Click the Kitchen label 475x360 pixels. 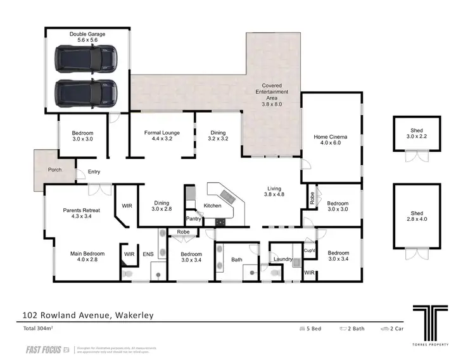(212, 206)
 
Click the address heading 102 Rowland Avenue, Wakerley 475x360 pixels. (87, 314)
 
